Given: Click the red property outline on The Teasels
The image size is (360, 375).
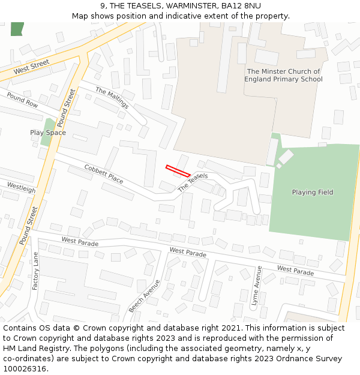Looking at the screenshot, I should point(178,170).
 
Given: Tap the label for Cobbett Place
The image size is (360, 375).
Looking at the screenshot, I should point(103,174).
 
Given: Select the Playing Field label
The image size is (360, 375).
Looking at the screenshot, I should point(312,192).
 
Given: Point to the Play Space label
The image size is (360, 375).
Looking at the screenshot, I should point(48,133).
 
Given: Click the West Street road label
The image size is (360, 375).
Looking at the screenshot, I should point(31,67).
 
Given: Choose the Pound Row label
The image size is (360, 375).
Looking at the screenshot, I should point(22,100).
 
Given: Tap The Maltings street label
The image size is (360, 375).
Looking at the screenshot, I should point(112,98).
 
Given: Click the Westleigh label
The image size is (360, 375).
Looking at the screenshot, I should point(21,188).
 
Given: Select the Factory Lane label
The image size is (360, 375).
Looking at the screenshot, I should point(35,271).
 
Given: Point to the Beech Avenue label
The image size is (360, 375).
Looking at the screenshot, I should point(144,296).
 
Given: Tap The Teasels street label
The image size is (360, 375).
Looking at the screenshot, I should point(193,182).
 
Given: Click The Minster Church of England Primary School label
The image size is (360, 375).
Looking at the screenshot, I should point(284,75).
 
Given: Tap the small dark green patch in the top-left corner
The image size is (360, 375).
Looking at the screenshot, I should point(17,28).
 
